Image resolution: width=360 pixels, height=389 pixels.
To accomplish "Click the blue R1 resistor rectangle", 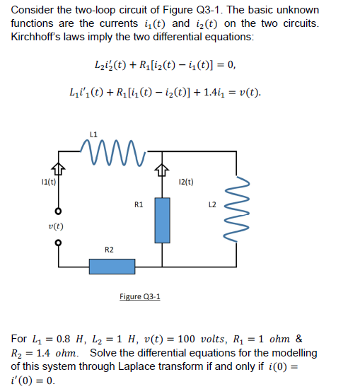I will coord(162,219).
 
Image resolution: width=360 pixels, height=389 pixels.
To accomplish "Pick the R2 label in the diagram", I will coord(108,249).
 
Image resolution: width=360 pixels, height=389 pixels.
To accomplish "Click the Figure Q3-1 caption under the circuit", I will coord(140,296).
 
